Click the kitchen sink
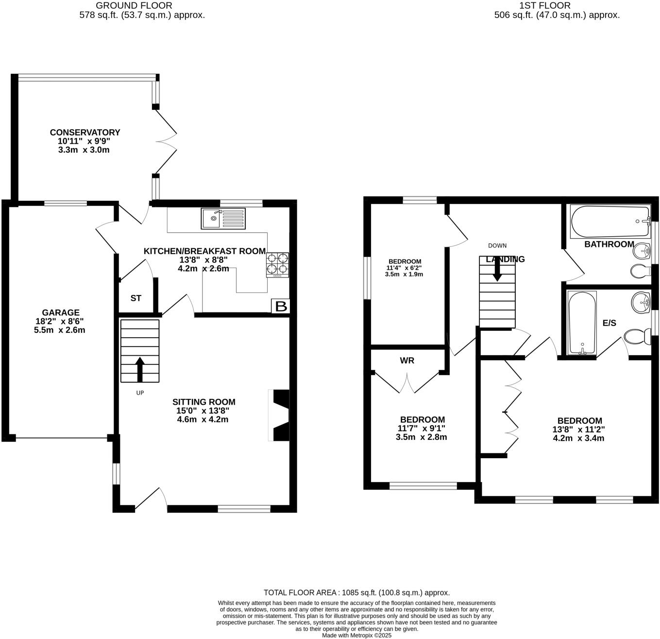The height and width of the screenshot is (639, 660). pyautogui.click(x=223, y=219)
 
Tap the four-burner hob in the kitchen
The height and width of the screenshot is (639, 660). pyautogui.click(x=277, y=265)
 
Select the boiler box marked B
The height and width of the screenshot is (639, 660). pyautogui.click(x=281, y=306)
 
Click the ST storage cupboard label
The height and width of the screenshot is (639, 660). pyautogui.click(x=135, y=298)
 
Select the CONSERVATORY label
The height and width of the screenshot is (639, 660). pyautogui.click(x=85, y=132)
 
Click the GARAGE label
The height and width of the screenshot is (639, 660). pyautogui.click(x=60, y=312)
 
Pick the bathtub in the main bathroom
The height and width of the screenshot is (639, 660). pyautogui.click(x=610, y=222)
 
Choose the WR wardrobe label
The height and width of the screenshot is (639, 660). pyautogui.click(x=407, y=361)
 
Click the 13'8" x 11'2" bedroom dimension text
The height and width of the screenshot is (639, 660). pyautogui.click(x=578, y=430)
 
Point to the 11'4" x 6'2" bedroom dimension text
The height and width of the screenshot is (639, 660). pyautogui.click(x=404, y=268)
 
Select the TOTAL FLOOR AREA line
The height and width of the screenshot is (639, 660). pyautogui.click(x=356, y=592)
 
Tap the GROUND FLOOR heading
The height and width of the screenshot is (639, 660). pyautogui.click(x=134, y=6)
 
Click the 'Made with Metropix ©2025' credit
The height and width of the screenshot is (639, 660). pyautogui.click(x=356, y=635)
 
